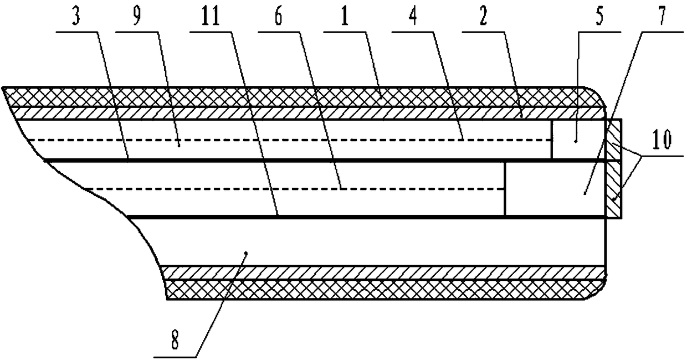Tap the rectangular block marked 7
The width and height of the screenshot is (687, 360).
(x=554, y=189)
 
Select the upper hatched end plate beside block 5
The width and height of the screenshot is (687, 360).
(x=614, y=140)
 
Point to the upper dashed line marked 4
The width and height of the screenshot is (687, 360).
(x=332, y=140)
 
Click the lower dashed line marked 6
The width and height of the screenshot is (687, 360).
(x=332, y=189)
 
